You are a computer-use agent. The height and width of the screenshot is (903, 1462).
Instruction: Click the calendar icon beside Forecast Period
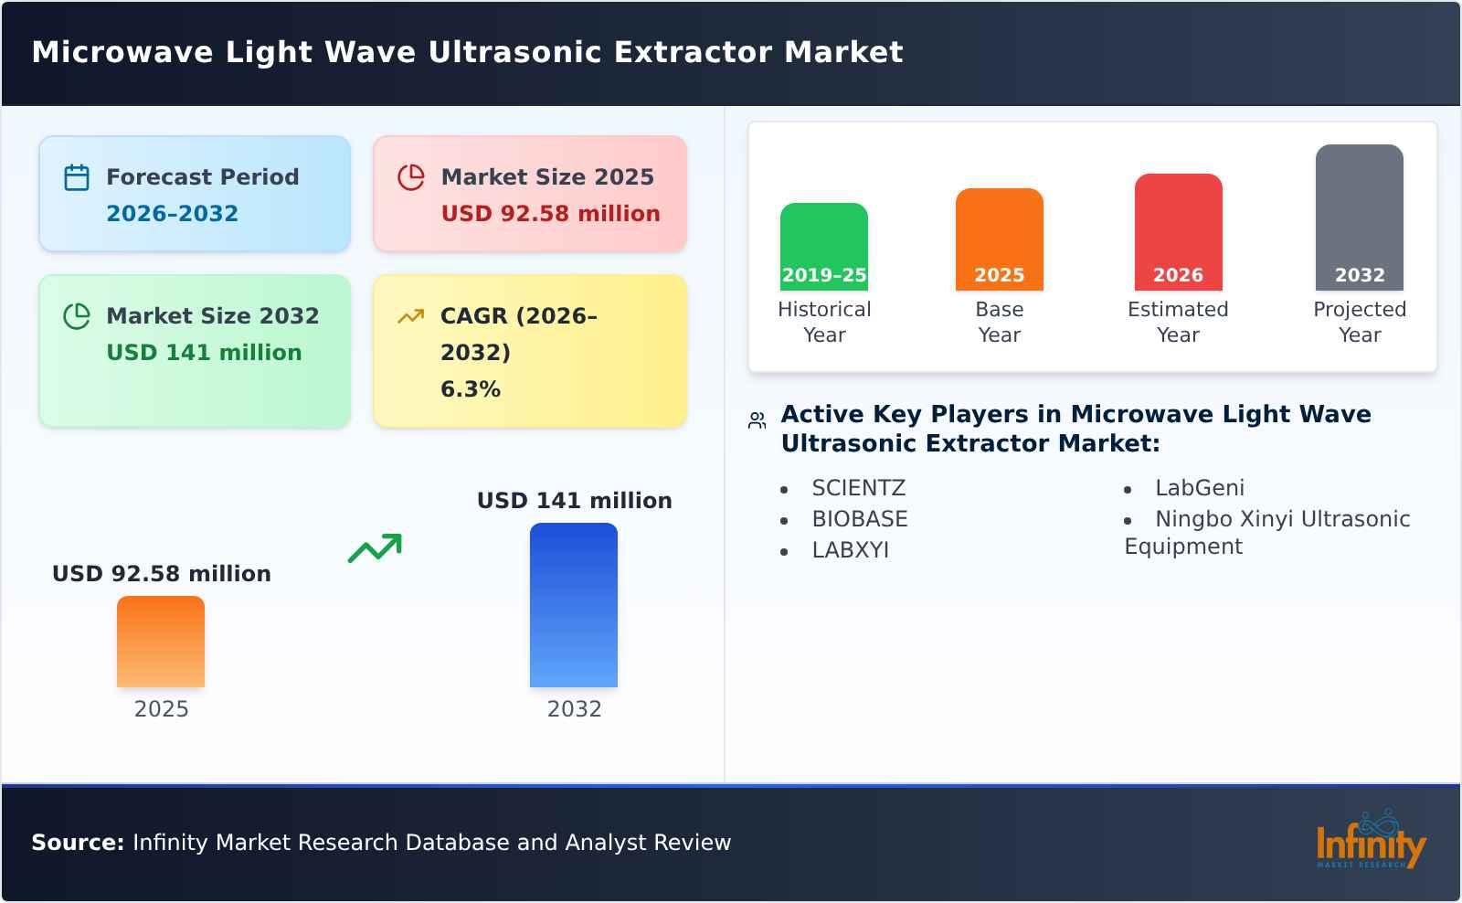(77, 177)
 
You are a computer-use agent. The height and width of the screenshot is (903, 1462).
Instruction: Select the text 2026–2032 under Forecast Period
(172, 214)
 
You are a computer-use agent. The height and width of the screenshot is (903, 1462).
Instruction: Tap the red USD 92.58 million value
(550, 214)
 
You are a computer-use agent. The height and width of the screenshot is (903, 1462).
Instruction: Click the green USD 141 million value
(204, 353)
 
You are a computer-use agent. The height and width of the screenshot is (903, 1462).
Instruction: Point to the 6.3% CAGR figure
(470, 389)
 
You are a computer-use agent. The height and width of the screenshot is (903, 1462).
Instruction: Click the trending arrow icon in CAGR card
(410, 316)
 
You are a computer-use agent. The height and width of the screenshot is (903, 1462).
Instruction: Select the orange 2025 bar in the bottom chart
(161, 642)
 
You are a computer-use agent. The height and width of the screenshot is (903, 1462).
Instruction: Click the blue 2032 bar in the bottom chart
(574, 605)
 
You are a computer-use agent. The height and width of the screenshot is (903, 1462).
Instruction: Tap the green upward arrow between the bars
(375, 548)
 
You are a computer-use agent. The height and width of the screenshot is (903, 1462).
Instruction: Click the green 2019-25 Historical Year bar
(823, 247)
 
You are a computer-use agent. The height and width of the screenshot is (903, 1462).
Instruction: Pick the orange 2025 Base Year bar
(999, 239)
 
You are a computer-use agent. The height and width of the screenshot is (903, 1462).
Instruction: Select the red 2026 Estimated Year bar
(1178, 232)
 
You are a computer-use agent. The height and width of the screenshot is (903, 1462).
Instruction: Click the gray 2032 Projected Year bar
(1359, 218)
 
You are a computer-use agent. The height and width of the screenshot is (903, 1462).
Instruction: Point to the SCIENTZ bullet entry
(858, 488)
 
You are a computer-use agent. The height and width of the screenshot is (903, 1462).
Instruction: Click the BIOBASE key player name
(859, 519)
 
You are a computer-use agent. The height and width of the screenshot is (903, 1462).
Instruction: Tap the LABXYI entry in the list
(850, 550)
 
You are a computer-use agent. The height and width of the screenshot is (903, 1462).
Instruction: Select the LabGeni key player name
(1199, 488)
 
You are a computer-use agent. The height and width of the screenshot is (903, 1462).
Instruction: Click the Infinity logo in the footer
(1370, 841)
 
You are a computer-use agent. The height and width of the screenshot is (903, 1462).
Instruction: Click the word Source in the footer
(77, 843)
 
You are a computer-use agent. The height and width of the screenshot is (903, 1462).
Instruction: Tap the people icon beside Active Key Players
(757, 420)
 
